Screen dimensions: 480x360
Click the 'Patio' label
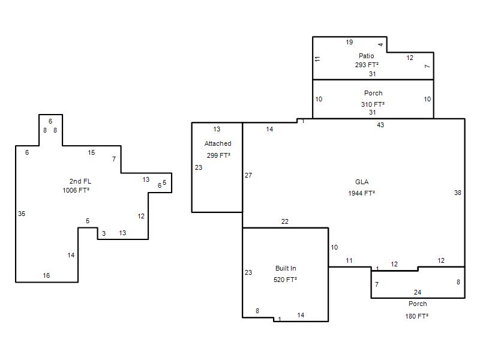coord(366,56)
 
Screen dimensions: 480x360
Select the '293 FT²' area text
coord(367,65)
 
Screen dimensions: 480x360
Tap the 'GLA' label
coord(362,182)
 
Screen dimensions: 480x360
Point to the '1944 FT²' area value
coord(362,193)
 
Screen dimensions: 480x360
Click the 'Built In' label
coord(286,268)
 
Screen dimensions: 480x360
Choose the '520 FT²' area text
coord(286,280)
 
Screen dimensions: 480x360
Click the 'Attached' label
coord(218,143)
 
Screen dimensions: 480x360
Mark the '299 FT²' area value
coord(218,155)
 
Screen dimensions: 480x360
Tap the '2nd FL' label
coord(80,181)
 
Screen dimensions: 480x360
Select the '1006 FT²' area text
coord(76,190)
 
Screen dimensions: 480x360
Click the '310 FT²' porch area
coord(373,104)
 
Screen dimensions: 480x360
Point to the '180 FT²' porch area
coord(416,316)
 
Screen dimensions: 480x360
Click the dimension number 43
coord(380,125)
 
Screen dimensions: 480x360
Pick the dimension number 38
coord(458,193)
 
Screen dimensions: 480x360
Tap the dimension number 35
coord(22,214)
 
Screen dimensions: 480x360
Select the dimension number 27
coord(248,175)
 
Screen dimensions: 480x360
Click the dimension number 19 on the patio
coord(349,42)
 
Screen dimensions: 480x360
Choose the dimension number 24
coord(418,292)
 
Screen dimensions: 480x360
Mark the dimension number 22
coord(284,221)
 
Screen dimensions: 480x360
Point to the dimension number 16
coord(46,275)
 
